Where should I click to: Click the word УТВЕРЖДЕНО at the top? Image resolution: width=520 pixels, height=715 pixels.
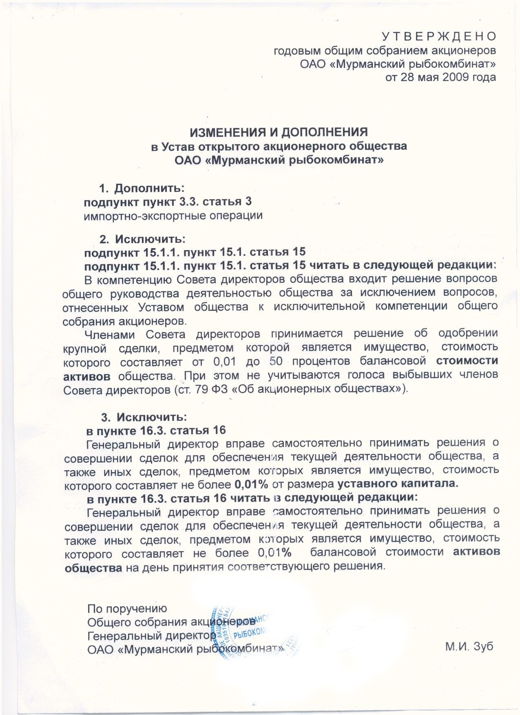[x=439, y=37]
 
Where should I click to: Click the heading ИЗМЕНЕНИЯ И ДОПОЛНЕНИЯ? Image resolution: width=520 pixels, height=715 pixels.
[x=279, y=132]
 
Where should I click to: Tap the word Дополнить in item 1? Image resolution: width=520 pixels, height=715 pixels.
[x=150, y=189]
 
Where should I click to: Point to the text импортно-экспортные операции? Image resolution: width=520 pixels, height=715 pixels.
[x=173, y=216]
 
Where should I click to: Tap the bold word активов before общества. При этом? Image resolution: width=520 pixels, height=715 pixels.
[x=87, y=375]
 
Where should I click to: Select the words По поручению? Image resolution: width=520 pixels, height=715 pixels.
[x=127, y=609]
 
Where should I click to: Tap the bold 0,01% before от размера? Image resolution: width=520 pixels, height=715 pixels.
[x=251, y=484]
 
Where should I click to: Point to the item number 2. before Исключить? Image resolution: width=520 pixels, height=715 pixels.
[x=104, y=238]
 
